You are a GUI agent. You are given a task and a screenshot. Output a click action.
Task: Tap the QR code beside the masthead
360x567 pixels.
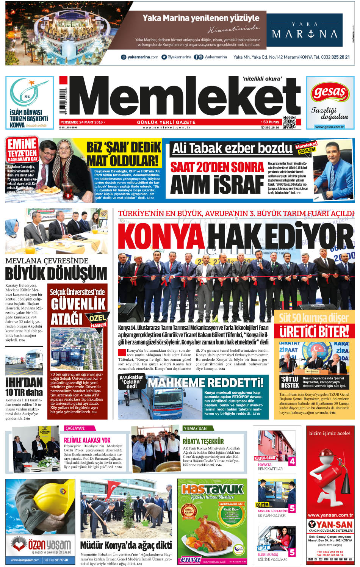[289, 122]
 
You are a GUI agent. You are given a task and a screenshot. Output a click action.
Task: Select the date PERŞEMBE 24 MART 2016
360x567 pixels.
[81, 122]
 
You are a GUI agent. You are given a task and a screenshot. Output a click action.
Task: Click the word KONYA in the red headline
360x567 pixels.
[161, 237]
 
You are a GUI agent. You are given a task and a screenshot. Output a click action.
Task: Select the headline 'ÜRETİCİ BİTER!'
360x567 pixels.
[314, 331]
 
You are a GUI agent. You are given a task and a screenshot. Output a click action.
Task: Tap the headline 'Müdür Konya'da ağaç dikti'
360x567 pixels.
[126, 545]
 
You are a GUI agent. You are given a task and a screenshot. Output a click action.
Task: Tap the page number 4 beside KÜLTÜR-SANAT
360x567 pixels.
[292, 461]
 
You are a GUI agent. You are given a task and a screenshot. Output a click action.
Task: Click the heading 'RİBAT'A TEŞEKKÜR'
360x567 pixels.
[203, 441]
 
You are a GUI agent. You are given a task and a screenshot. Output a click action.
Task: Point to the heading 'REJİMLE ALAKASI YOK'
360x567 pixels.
[87, 440]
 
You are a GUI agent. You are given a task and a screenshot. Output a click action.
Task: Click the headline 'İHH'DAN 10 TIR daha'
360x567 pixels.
[24, 387]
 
